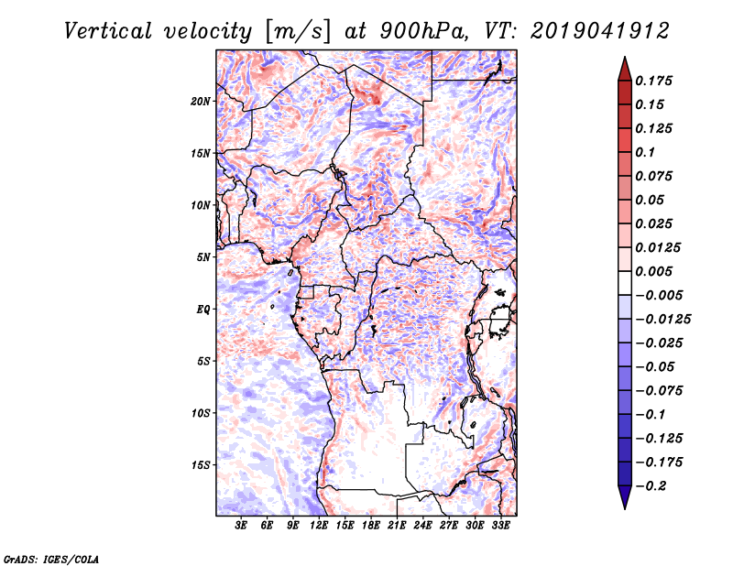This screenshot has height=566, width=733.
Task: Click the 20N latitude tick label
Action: (x=201, y=101)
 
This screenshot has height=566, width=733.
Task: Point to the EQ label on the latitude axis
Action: (x=203, y=309)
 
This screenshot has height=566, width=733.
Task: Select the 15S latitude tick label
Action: (x=201, y=464)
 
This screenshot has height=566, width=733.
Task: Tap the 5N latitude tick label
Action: (x=203, y=256)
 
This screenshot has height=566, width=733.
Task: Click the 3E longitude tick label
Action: (x=242, y=526)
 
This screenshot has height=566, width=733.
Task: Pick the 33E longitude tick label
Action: (x=500, y=526)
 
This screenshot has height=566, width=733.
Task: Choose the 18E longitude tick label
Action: (x=371, y=526)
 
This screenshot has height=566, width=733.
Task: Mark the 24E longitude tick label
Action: (x=422, y=526)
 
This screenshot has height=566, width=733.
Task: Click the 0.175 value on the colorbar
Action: (x=658, y=81)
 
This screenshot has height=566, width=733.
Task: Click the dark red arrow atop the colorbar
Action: (x=624, y=68)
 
